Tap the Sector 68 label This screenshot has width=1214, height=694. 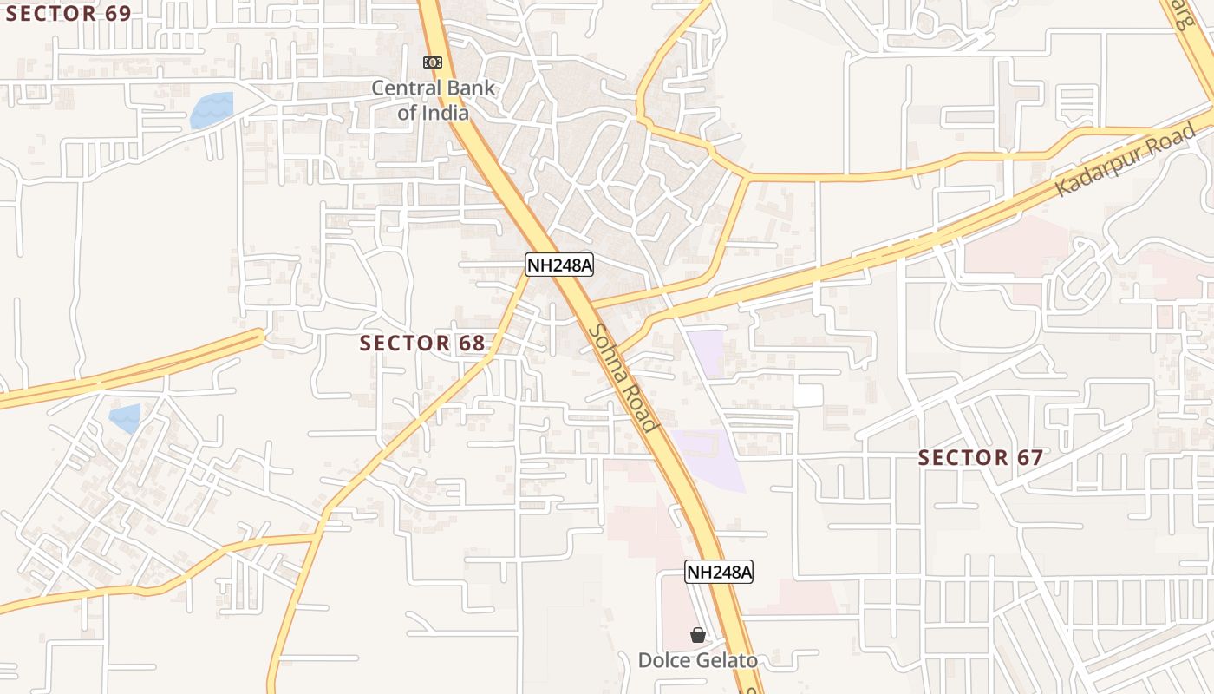[x=422, y=343]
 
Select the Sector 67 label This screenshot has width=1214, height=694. [x=980, y=457]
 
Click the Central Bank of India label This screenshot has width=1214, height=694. [x=434, y=100]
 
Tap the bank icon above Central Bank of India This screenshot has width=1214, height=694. [x=432, y=62]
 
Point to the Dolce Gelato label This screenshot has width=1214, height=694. [x=697, y=660]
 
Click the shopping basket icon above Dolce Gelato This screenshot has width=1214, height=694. [x=697, y=636]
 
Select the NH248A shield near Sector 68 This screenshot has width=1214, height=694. [x=559, y=265]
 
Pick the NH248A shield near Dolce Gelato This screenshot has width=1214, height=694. [x=719, y=572]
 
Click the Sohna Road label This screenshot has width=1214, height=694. [x=622, y=377]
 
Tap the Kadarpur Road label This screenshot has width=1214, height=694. [x=1126, y=160]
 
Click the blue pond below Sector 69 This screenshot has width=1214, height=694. [x=212, y=110]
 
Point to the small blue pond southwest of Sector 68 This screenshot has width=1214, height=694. [x=125, y=418]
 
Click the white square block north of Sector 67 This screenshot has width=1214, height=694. [x=807, y=395]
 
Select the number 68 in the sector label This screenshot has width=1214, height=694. [x=471, y=343]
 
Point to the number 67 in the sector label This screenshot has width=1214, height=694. [x=1028, y=457]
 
